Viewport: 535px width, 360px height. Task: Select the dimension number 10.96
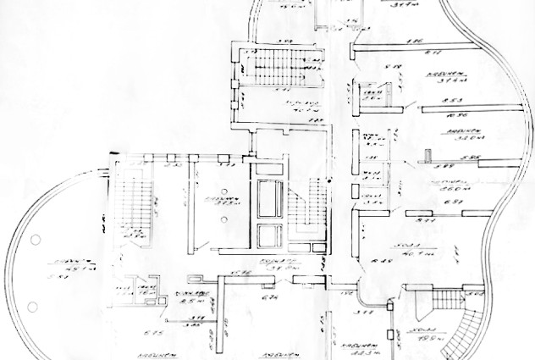[x=461, y=114]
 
